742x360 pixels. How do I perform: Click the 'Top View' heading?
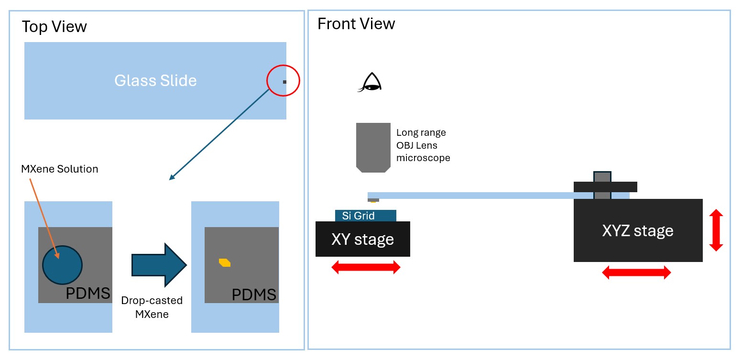click(x=54, y=27)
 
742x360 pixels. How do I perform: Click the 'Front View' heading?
click(x=356, y=24)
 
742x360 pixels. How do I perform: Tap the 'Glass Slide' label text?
click(x=155, y=80)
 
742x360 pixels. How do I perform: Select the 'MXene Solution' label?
click(x=60, y=169)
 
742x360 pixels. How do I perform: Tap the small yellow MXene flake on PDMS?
click(x=225, y=262)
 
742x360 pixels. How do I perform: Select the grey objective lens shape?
click(x=373, y=146)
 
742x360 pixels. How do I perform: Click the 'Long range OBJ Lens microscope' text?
click(x=423, y=145)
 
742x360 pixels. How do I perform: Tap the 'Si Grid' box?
click(x=365, y=216)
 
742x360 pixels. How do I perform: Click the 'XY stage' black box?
click(x=362, y=239)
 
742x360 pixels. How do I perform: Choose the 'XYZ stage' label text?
click(x=638, y=231)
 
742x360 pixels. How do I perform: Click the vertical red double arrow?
click(x=715, y=230)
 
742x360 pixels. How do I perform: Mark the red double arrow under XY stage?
click(x=366, y=267)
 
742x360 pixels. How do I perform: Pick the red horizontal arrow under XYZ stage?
click(x=636, y=273)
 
